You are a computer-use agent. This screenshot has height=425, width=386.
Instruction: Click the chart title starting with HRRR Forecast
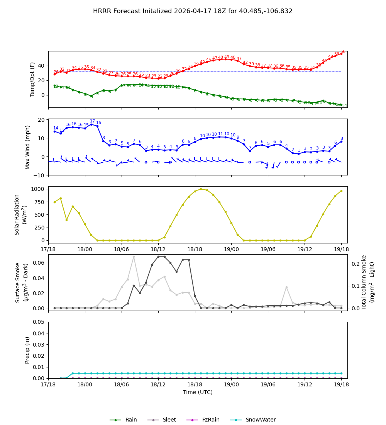193,11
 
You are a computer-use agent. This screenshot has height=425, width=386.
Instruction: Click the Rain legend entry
124,420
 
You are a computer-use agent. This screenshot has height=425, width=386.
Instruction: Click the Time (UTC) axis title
198,392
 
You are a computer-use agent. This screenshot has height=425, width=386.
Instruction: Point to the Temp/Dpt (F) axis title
32,79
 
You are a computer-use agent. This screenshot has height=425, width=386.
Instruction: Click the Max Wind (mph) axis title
28,147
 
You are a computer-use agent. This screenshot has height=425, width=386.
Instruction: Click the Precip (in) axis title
28,350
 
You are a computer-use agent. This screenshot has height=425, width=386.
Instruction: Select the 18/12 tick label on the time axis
158,385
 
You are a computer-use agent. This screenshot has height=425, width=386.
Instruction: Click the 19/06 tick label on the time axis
268,385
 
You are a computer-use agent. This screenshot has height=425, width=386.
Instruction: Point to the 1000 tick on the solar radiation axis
38,189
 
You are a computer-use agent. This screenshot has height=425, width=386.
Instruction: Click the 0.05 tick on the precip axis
40,322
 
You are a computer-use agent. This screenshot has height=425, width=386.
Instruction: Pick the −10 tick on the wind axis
39,175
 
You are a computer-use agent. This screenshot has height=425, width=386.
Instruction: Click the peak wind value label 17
92,121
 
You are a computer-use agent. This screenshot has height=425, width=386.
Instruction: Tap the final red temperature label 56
343,52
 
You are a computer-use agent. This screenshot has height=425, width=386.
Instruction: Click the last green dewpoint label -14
343,106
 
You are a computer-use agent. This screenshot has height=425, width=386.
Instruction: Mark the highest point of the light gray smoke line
134,257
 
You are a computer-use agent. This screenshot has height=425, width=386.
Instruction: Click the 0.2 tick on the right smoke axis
354,264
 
